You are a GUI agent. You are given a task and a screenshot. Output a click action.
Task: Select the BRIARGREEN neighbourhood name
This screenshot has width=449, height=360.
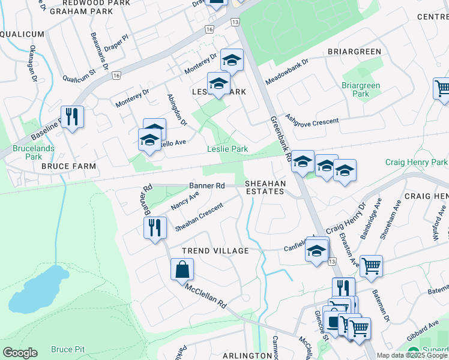(354, 52)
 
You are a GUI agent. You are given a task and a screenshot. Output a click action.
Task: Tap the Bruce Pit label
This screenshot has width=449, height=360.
(67, 349)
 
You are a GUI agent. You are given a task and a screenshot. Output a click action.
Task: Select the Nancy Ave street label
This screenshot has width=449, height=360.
(185, 200)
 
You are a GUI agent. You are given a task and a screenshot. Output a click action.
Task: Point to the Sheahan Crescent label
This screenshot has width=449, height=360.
(199, 217)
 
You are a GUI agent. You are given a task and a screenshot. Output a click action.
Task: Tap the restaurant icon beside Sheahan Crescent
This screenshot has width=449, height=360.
(155, 227)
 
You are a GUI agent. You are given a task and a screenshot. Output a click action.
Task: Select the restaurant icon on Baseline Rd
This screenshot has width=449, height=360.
(72, 116)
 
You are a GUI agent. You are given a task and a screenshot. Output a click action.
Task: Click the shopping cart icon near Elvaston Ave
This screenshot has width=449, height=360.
(371, 265)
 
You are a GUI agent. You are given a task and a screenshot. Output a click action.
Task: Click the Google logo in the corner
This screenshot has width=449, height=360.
(20, 353)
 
